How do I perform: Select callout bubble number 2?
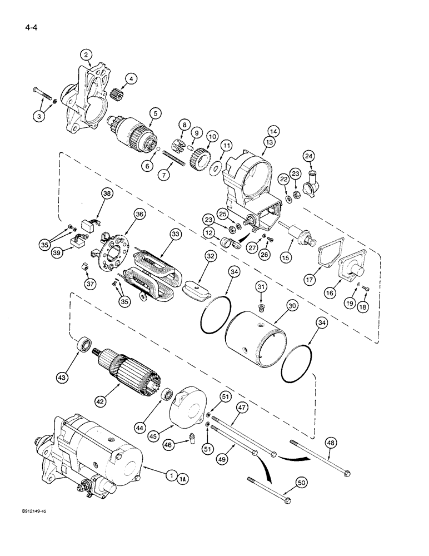[x=86, y=54]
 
